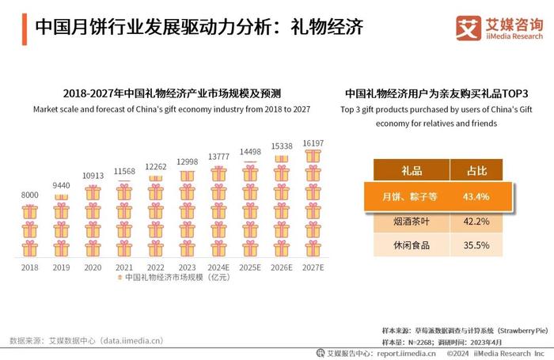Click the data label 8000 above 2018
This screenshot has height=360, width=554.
click(29, 195)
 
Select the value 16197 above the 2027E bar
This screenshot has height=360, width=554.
click(313, 143)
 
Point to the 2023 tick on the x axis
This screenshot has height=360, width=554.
click(188, 267)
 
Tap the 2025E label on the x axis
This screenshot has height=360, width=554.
click(250, 267)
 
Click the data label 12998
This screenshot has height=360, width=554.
click(188, 162)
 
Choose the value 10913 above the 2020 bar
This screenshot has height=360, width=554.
click(93, 175)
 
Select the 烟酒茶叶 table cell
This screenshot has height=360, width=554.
click(411, 222)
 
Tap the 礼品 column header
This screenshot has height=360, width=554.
click(412, 170)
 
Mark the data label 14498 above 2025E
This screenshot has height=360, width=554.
click(250, 151)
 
